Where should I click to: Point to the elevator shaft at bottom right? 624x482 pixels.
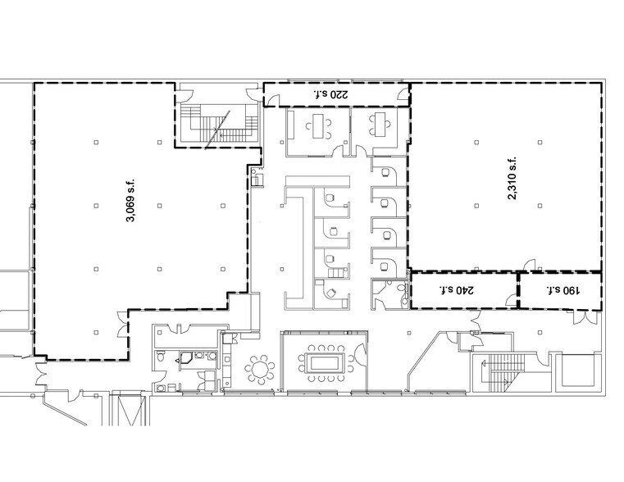point(578,370)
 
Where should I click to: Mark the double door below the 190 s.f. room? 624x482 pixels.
point(583,316)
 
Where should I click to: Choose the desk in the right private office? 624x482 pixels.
point(378,124)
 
